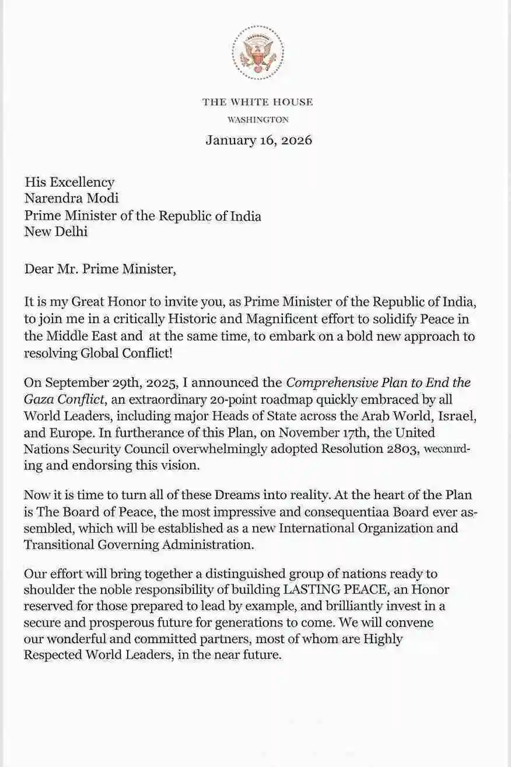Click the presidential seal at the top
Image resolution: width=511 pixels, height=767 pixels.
coord(257,53)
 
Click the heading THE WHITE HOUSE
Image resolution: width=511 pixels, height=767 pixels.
coord(257,102)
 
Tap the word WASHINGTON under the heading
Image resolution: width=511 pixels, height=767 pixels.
coord(257,120)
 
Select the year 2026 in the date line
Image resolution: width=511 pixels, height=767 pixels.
coord(295,140)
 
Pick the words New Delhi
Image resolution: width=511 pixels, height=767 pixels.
coord(56,232)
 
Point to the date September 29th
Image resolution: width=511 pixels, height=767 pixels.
coord(89,384)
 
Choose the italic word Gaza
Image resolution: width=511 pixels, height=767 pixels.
coord(39,400)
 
